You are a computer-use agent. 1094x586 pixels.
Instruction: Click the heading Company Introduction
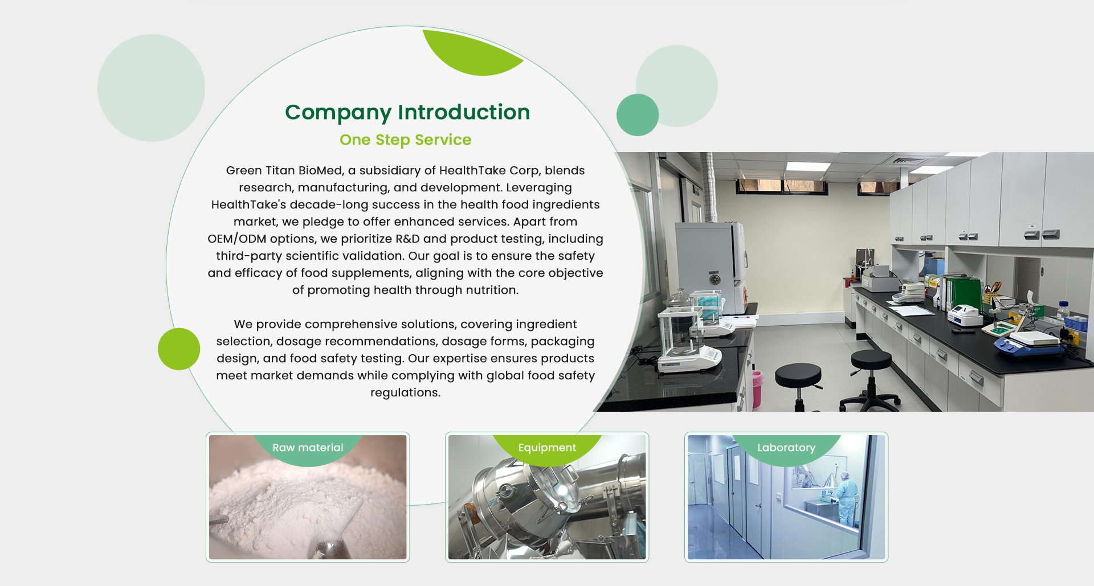[x=407, y=112]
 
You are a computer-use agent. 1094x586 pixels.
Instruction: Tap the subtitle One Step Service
[x=405, y=140]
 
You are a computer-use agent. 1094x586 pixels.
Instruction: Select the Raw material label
[x=308, y=448]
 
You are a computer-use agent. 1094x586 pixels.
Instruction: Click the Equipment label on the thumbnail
[x=547, y=448]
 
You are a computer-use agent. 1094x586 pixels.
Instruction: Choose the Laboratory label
[x=786, y=448]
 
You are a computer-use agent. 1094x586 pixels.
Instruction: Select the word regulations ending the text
[x=405, y=392]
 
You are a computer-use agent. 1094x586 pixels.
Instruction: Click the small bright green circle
[x=179, y=349]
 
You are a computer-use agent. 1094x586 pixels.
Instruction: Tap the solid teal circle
[x=638, y=115]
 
